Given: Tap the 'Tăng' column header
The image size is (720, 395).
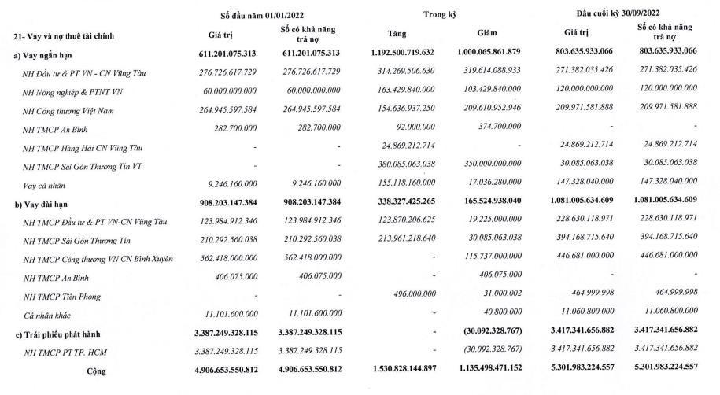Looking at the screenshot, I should click(x=397, y=34).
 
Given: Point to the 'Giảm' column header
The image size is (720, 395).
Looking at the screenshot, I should click(x=488, y=34).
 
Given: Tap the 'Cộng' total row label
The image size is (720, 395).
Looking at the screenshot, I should click(x=95, y=370).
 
